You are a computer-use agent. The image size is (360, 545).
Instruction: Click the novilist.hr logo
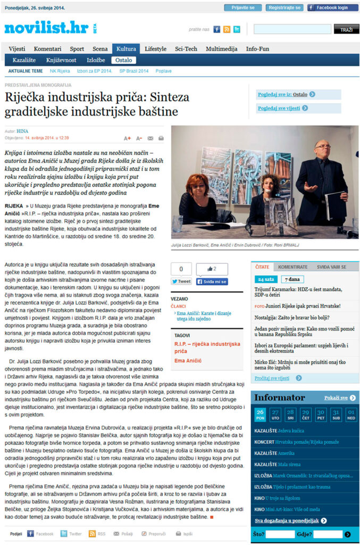(46, 28)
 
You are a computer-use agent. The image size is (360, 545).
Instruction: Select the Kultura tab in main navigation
(126, 49)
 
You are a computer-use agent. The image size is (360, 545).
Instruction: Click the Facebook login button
(332, 8)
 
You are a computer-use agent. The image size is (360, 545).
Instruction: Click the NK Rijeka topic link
(60, 71)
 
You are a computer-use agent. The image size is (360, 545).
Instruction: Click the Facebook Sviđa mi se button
(212, 282)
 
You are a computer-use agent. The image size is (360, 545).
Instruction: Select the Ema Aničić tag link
(188, 361)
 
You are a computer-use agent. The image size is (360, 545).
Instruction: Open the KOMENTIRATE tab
(292, 267)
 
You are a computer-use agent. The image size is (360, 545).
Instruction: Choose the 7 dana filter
(293, 279)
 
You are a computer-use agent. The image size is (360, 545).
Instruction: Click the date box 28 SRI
(290, 414)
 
